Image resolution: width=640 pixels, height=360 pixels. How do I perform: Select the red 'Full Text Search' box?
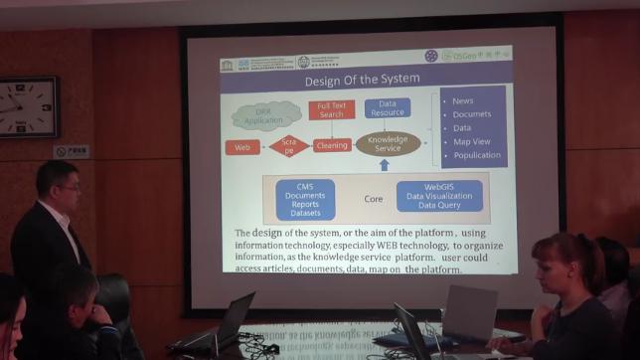tap(331, 109)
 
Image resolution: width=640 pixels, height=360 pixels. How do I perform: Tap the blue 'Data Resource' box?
tap(387, 107)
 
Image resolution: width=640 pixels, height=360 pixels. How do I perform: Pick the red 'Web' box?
tap(241, 147)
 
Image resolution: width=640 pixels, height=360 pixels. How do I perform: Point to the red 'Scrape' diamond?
tap(288, 146)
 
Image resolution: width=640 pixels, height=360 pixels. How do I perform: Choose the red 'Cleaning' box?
tap(332, 145)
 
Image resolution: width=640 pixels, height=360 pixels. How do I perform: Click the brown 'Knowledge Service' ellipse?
tap(387, 142)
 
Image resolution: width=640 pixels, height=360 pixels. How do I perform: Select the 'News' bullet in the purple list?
tap(463, 101)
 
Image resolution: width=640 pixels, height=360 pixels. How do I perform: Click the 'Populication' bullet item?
tap(476, 155)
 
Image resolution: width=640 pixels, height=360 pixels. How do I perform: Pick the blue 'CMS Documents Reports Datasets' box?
tap(305, 199)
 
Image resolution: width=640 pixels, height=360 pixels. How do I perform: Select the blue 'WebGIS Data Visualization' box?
tap(438, 196)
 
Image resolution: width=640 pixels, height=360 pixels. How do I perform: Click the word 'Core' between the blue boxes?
tap(373, 199)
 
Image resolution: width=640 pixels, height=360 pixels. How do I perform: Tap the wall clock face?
tap(26, 107)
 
